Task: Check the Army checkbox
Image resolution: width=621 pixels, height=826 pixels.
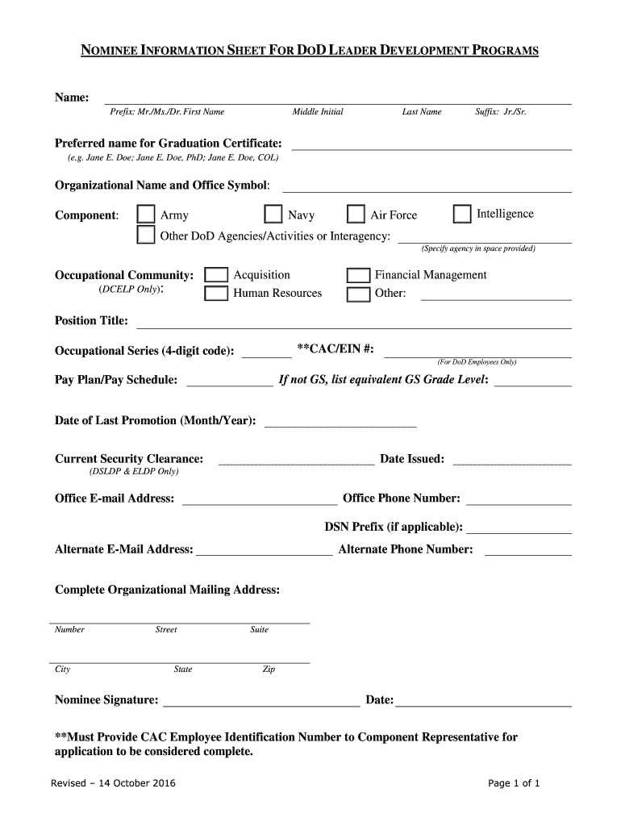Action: (x=146, y=214)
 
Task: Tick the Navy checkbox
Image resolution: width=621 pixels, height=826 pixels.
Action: (x=274, y=215)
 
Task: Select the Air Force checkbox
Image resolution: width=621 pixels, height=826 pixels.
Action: (x=356, y=215)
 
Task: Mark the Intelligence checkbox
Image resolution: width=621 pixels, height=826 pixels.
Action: (x=462, y=214)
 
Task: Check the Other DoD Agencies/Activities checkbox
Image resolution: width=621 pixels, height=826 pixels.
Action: (x=146, y=236)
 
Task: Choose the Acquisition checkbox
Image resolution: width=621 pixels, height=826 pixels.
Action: (x=216, y=275)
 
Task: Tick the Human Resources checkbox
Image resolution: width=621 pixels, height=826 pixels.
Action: (x=216, y=294)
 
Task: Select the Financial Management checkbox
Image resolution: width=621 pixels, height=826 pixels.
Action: (x=358, y=276)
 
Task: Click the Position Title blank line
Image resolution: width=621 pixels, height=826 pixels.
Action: (x=353, y=323)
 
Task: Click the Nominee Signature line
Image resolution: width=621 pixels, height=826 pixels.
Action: (x=261, y=701)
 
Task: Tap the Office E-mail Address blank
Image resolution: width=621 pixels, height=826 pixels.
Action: (x=260, y=499)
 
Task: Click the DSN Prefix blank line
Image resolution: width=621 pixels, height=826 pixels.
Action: (x=519, y=528)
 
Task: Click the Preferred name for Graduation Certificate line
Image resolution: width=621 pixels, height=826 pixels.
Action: (x=431, y=144)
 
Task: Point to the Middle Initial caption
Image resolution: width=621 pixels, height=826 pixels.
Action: (x=318, y=111)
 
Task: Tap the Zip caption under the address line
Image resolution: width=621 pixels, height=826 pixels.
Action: (x=269, y=670)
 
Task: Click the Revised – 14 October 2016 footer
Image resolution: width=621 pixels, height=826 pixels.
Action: (x=113, y=783)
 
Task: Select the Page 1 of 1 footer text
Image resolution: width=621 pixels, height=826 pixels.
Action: (x=514, y=783)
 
